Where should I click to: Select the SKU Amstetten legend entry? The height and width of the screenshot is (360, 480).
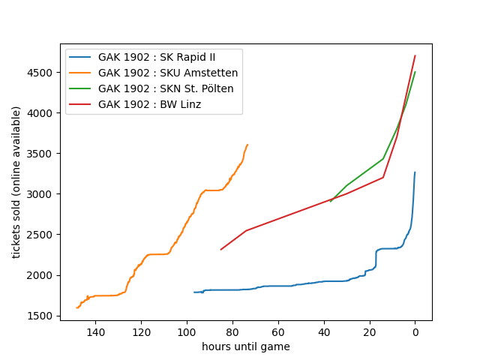(168, 73)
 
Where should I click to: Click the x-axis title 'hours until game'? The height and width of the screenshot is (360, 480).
(246, 346)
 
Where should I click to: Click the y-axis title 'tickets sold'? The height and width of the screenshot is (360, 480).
(16, 182)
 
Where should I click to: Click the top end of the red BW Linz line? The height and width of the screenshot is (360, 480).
(415, 55)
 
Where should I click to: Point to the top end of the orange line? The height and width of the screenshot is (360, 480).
(247, 145)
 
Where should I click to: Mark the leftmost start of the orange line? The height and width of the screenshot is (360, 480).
(76, 307)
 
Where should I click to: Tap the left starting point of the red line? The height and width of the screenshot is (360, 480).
(220, 250)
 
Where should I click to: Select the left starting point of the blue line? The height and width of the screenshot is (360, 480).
(194, 292)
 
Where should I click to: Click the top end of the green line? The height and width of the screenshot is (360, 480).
(415, 72)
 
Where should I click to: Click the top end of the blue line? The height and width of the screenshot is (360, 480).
(415, 172)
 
